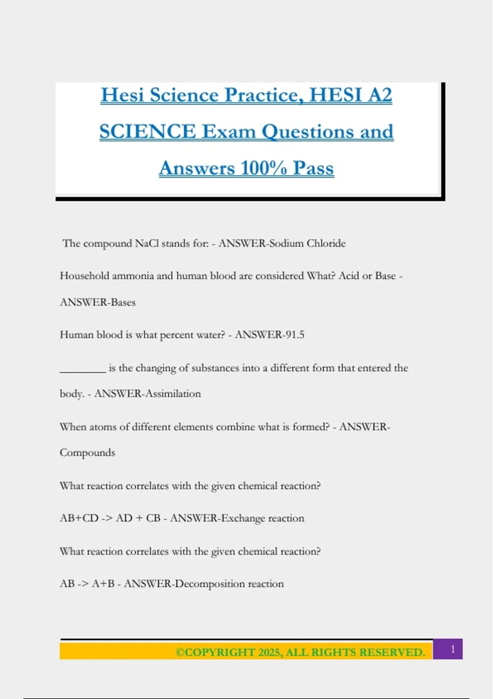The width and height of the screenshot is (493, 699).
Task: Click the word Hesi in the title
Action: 122,95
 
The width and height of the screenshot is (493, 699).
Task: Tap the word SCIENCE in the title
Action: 147,132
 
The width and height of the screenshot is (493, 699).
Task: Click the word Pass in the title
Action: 313,168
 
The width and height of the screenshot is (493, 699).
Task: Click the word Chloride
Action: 326,243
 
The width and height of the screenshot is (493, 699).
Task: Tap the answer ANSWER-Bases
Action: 98,302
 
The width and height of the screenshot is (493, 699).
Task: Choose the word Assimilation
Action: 173,393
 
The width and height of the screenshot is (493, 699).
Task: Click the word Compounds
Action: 88,453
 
